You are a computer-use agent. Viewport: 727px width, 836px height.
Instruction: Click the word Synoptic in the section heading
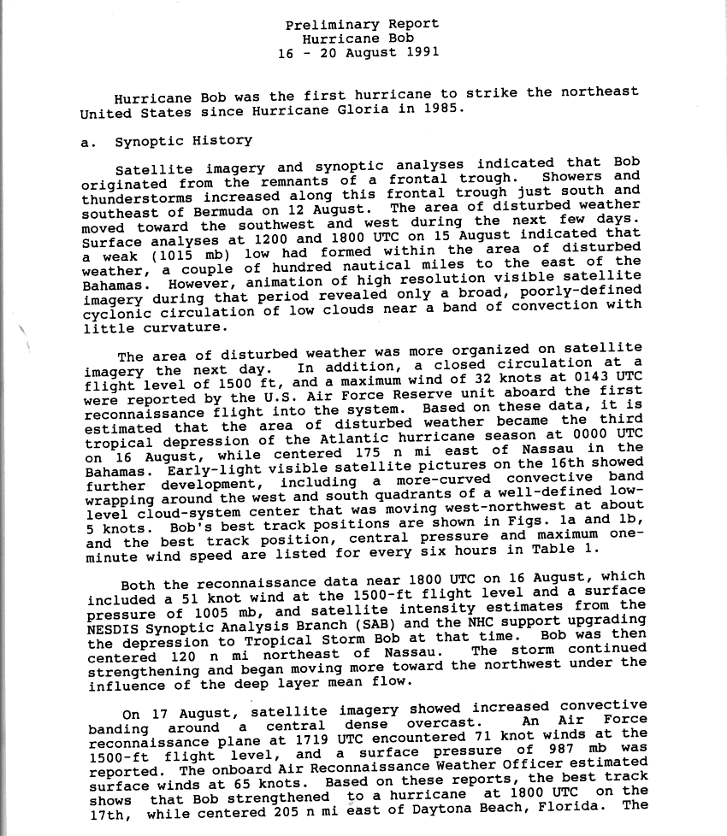pos(149,141)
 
